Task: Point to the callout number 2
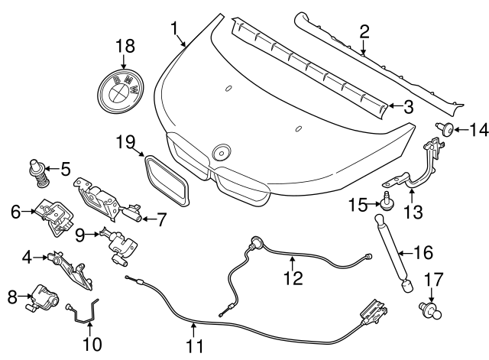[x=364, y=31]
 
